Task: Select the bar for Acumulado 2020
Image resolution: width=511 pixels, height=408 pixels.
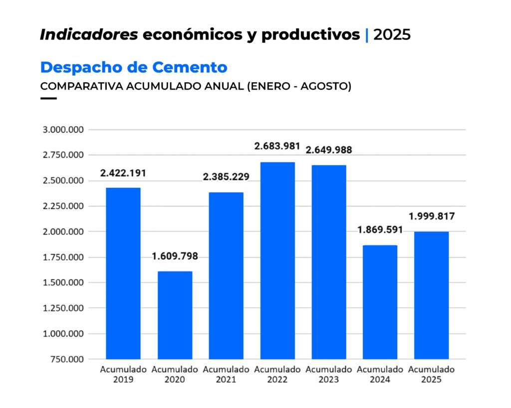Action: [x=175, y=315]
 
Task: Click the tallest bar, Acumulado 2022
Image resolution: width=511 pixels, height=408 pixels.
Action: [x=277, y=260]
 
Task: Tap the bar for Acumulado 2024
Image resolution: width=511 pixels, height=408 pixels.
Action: [x=380, y=302]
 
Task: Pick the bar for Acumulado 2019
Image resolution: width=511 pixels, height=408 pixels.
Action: [x=123, y=273]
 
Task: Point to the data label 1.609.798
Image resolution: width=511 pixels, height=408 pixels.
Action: [x=175, y=257]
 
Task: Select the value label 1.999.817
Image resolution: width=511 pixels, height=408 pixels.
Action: [x=432, y=216]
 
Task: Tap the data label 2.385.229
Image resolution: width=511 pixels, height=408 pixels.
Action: [x=226, y=177]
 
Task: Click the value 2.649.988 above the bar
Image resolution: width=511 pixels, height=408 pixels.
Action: [x=329, y=150]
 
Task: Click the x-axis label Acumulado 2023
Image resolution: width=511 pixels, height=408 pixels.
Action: [x=329, y=375]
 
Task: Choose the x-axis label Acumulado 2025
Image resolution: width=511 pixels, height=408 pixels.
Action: [x=431, y=375]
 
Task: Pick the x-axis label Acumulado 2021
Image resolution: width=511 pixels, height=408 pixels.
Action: [x=226, y=375]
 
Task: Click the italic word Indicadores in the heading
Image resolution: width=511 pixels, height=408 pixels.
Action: [x=89, y=35]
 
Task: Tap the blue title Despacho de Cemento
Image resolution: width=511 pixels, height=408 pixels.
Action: [x=134, y=67]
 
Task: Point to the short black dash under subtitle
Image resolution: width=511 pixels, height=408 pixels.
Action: [x=48, y=98]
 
